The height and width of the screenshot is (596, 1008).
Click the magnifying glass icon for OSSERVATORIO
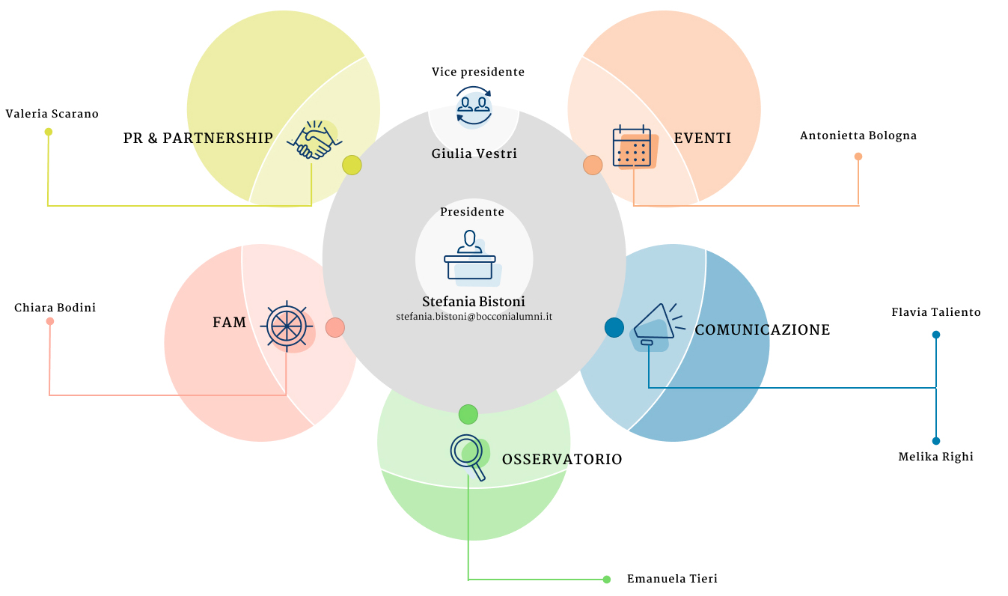pyautogui.click(x=470, y=457)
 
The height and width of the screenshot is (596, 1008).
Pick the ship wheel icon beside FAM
pyautogui.click(x=287, y=326)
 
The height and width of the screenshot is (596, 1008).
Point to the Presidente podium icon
pyautogui.click(x=471, y=258)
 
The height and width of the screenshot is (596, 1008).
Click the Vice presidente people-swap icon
pyautogui.click(x=474, y=107)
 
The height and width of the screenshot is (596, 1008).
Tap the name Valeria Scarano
pyautogui.click(x=52, y=114)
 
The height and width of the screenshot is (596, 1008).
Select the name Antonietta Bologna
pyautogui.click(x=858, y=136)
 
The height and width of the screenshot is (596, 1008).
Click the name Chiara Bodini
pyautogui.click(x=55, y=308)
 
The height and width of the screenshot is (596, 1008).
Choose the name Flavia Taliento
pyautogui.click(x=936, y=312)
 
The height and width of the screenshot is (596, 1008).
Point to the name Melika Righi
pyautogui.click(x=935, y=457)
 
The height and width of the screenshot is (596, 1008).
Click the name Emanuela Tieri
pyautogui.click(x=672, y=579)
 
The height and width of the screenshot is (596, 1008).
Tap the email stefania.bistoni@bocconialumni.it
pyautogui.click(x=474, y=317)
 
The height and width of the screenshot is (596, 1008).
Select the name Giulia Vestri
pyautogui.click(x=474, y=153)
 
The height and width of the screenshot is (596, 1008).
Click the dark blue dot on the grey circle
pyautogui.click(x=614, y=327)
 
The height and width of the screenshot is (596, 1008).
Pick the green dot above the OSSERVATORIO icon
pyautogui.click(x=468, y=414)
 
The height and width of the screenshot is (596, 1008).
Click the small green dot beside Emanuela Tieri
pyautogui.click(x=607, y=580)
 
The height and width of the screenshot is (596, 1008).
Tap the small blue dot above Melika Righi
pyautogui.click(x=936, y=441)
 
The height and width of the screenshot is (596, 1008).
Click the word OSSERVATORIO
pyautogui.click(x=562, y=459)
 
